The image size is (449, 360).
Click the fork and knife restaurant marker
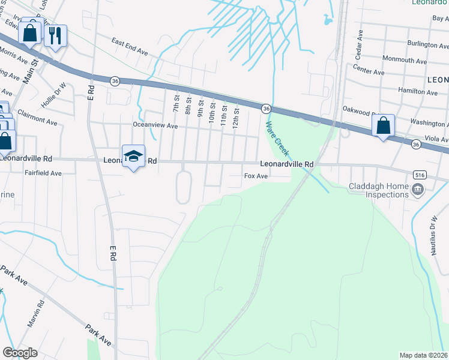coord(55,35)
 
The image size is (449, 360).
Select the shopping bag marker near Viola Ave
coord(383,126)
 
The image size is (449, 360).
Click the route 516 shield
coord(420,174)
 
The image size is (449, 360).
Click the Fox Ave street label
coord(255,176)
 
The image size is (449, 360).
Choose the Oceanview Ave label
coord(155,126)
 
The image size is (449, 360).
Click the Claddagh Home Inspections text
coord(379,190)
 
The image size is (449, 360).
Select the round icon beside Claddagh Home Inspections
coord(418,190)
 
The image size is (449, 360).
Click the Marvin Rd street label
coord(35,314)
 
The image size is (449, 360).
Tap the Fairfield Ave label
coord(43,173)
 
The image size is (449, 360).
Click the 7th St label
coord(176,103)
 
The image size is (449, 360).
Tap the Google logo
coord(20,352)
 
